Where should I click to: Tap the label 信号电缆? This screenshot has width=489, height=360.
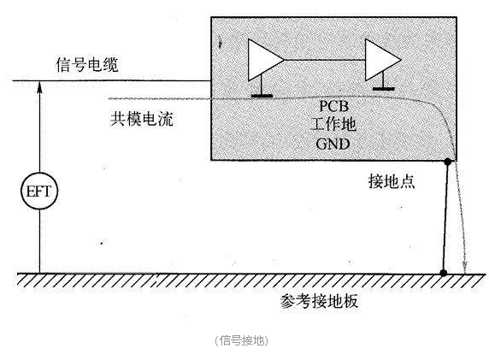(x=87, y=65)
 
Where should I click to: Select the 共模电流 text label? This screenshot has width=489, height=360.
(x=142, y=119)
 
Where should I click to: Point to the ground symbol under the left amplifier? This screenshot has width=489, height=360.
(x=262, y=96)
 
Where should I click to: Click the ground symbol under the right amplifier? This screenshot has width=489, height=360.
(x=384, y=89)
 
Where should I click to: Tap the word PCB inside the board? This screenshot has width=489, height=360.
(x=333, y=106)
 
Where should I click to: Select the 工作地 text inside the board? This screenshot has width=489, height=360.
(x=333, y=125)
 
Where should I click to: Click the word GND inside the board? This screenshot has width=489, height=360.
(x=333, y=144)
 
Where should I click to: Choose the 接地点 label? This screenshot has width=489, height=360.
(x=392, y=181)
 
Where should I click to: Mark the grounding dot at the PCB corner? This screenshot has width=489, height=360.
(x=448, y=162)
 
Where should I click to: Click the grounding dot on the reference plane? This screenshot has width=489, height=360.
(x=443, y=273)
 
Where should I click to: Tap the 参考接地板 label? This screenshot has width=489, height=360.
(x=319, y=301)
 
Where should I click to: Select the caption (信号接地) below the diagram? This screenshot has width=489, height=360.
(x=241, y=340)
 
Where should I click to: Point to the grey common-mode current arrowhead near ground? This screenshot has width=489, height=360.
(x=465, y=267)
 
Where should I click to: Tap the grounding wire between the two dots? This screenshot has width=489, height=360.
(x=445, y=217)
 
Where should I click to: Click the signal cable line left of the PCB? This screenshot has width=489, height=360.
(x=112, y=80)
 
